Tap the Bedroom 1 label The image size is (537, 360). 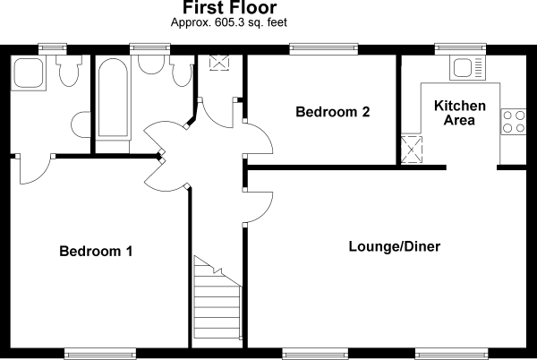tap(96, 252)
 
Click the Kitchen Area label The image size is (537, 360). tap(460, 113)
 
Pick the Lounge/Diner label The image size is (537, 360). tap(395, 245)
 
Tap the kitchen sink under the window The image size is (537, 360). tap(467, 67)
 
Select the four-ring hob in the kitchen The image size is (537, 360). tap(513, 121)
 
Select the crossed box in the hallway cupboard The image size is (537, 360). tap(219, 63)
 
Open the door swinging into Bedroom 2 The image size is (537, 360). tap(258, 139)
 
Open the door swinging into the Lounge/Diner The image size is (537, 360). tap(258, 206)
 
